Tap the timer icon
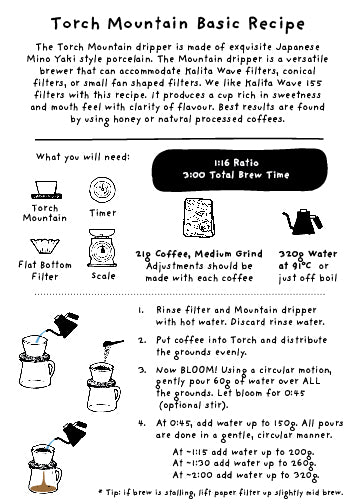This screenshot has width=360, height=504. tap(102, 190)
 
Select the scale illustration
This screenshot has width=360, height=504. tap(102, 248)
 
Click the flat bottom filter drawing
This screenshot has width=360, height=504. tap(45, 246)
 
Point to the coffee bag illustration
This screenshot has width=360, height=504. tap(198, 218)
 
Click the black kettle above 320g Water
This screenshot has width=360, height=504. tap(302, 222)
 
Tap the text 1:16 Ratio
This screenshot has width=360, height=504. tap(236, 163)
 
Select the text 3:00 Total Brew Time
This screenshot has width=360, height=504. tap(236, 175)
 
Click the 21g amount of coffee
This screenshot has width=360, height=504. tap(143, 255)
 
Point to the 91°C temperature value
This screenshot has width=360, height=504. tap(301, 266)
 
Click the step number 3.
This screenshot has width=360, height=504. tap(142, 370)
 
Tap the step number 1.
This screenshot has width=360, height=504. tap(141, 310)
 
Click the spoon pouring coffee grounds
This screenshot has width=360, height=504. tap(113, 343)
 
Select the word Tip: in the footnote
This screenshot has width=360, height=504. tap(113, 492)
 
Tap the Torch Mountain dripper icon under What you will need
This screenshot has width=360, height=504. tap(46, 190)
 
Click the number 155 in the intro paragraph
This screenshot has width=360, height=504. tap(314, 83)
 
